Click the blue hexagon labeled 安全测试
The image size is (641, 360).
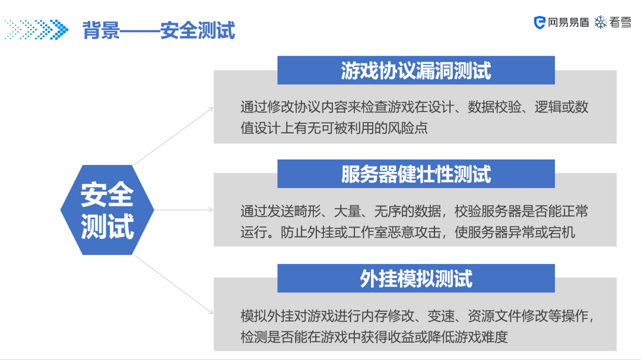click(x=107, y=210)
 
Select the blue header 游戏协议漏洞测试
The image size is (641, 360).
click(x=415, y=71)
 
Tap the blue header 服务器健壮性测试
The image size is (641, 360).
click(x=415, y=174)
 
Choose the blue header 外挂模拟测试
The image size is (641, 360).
click(x=415, y=278)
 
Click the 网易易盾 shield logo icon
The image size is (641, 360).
click(x=540, y=23)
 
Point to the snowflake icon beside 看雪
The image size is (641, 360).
click(x=601, y=23)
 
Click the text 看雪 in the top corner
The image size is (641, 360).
click(x=620, y=23)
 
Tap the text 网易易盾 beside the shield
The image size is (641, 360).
click(x=569, y=23)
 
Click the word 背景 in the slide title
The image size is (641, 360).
click(x=101, y=30)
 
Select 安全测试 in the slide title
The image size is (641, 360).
click(x=198, y=30)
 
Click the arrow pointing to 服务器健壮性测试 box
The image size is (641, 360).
click(x=184, y=209)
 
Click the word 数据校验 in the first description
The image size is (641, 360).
click(x=496, y=107)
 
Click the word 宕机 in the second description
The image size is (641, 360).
click(x=561, y=232)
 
